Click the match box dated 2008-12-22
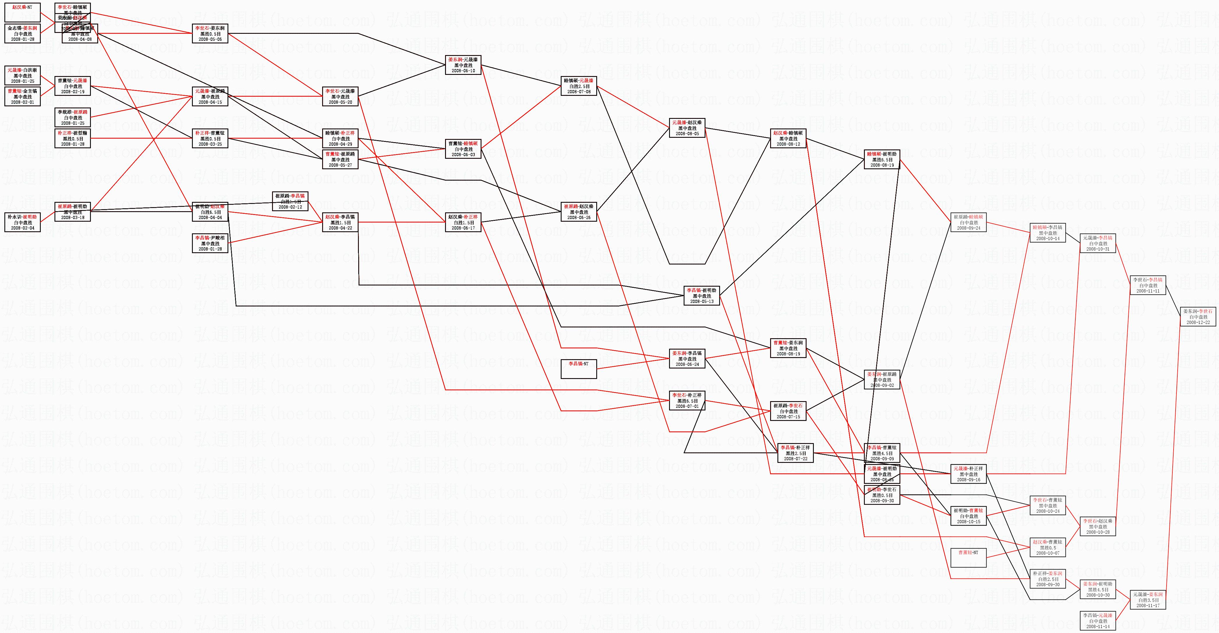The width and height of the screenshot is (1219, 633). [x=1198, y=317]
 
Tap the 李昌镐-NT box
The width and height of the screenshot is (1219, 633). [x=578, y=369]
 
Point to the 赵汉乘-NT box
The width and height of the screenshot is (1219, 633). [x=22, y=12]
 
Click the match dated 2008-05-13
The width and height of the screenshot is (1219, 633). [x=701, y=296]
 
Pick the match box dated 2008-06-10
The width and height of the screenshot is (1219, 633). [x=463, y=65]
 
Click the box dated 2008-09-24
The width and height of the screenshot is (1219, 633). [x=968, y=222]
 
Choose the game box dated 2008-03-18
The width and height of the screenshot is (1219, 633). [x=73, y=212]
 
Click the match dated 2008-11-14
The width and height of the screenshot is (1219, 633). [x=1097, y=621]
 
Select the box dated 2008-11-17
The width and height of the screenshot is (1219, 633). [x=1148, y=600]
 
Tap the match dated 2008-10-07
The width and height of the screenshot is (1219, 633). [x=1048, y=547]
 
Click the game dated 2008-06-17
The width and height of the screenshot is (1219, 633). [x=463, y=222]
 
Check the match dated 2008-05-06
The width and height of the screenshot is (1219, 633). [x=210, y=33]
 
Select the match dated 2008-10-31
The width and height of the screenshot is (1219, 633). [x=1097, y=243]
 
